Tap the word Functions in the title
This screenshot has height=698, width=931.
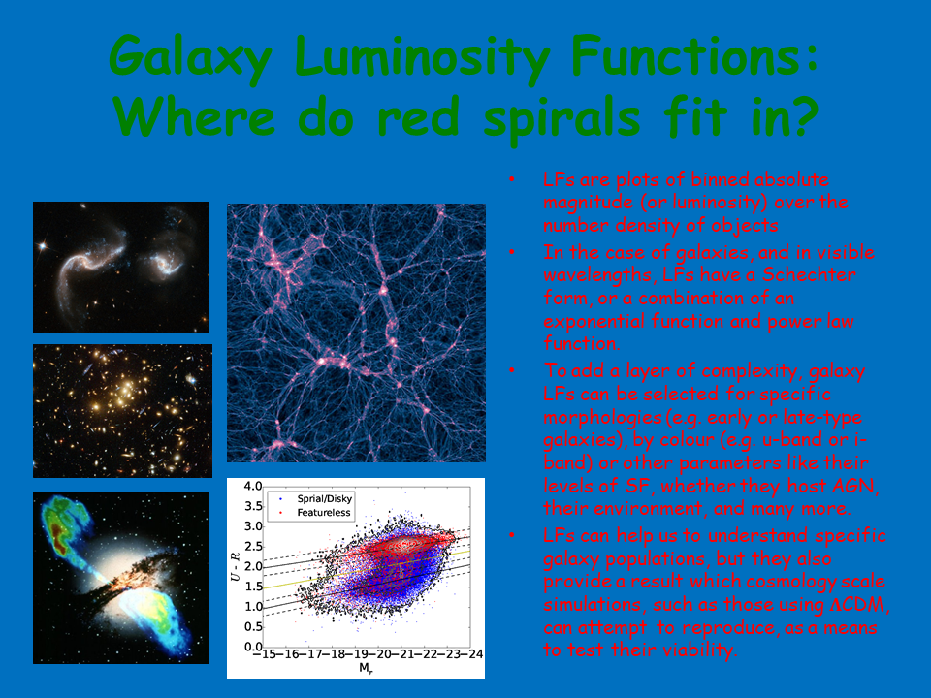point(676,60)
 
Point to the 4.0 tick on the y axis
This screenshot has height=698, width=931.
point(252,487)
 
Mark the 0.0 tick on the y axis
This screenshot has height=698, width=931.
point(252,647)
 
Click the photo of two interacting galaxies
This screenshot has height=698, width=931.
point(120,267)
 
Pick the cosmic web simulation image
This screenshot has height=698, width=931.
point(356,333)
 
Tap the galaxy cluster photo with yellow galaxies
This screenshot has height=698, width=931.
point(122,410)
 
